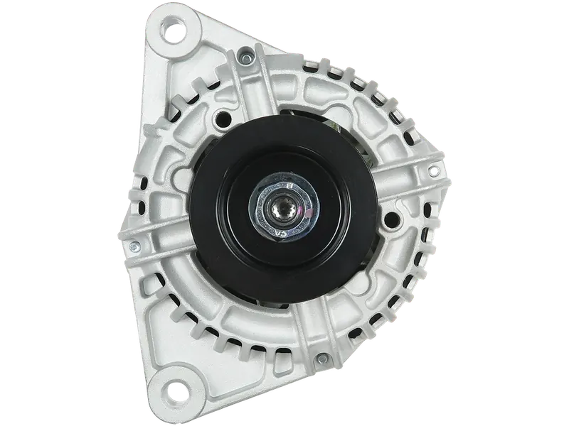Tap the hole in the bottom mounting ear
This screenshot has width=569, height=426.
point(172,392)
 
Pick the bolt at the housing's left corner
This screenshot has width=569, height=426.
point(133,246)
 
